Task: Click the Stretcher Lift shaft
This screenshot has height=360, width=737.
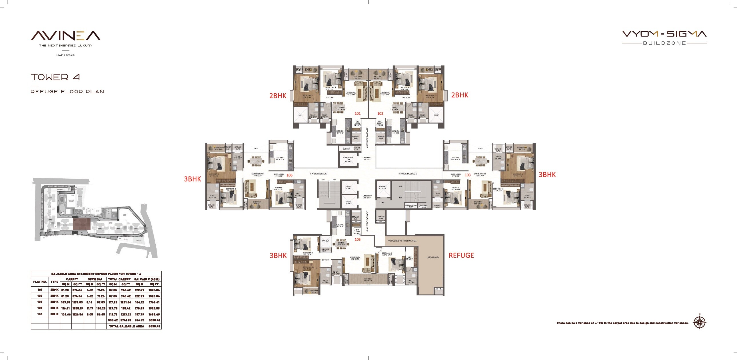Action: pyautogui.click(x=348, y=159)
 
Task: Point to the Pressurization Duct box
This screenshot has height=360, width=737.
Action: pyautogui.click(x=411, y=206)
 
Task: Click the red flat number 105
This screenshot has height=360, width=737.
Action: pyautogui.click(x=358, y=240)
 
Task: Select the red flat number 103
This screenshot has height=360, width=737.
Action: pyautogui.click(x=468, y=175)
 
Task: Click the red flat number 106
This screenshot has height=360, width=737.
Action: pyautogui.click(x=290, y=175)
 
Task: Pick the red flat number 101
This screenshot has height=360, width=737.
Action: pyautogui.click(x=358, y=114)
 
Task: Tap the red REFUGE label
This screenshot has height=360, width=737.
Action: pyautogui.click(x=461, y=255)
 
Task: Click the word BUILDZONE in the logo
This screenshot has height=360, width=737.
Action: pyautogui.click(x=664, y=43)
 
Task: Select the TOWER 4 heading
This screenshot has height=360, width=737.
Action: pyautogui.click(x=55, y=77)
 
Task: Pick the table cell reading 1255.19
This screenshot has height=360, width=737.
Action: pyautogui.click(x=77, y=308)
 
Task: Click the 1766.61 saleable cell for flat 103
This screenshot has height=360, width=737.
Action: pyautogui.click(x=154, y=302)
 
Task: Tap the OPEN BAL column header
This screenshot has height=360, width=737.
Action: pyautogui.click(x=95, y=279)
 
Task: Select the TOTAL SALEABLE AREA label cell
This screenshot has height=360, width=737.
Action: pyautogui.click(x=127, y=326)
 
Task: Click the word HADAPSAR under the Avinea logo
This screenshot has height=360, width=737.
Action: pyautogui.click(x=65, y=55)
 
